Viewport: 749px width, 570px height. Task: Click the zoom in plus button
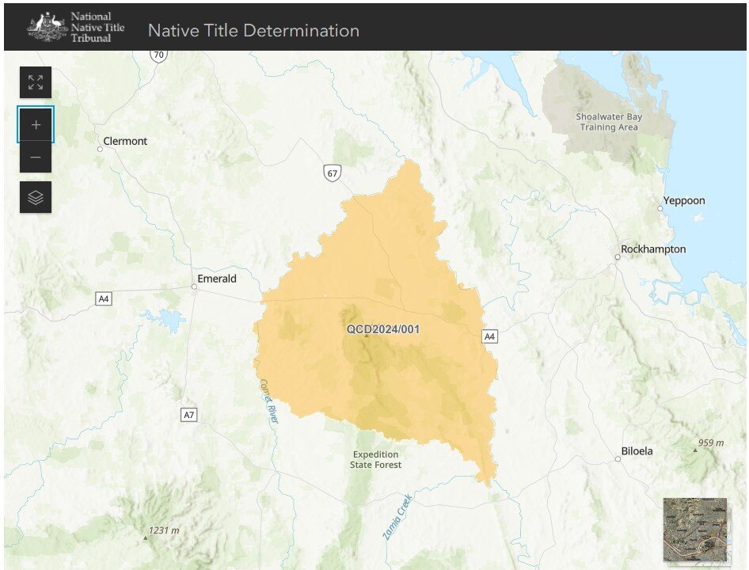pyautogui.click(x=36, y=125)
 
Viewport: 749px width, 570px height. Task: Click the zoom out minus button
pyautogui.click(x=36, y=158)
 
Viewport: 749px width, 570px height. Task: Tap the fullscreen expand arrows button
pyautogui.click(x=36, y=82)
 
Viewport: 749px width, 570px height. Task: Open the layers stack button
pyautogui.click(x=36, y=197)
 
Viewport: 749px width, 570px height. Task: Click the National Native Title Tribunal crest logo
pyautogui.click(x=48, y=26)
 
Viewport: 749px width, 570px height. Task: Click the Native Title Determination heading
pyautogui.click(x=253, y=31)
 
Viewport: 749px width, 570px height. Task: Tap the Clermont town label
pyautogui.click(x=125, y=141)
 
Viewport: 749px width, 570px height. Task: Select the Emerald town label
pyautogui.click(x=217, y=279)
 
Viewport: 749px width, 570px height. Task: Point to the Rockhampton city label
pyautogui.click(x=653, y=249)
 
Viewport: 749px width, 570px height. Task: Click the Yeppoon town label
pyautogui.click(x=684, y=201)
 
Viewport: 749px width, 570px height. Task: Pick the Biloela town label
pyautogui.click(x=637, y=451)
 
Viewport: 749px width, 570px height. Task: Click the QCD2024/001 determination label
pyautogui.click(x=382, y=329)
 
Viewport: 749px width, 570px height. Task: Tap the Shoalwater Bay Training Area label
pyautogui.click(x=609, y=122)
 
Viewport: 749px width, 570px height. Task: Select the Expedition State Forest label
pyautogui.click(x=376, y=460)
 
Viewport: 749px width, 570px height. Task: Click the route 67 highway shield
pyautogui.click(x=332, y=173)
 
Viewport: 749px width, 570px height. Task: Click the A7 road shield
pyautogui.click(x=188, y=415)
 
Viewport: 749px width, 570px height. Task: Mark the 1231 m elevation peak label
pyautogui.click(x=164, y=530)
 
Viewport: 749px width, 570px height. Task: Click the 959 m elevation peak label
pyautogui.click(x=710, y=443)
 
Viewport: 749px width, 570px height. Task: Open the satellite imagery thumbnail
pyautogui.click(x=695, y=530)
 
